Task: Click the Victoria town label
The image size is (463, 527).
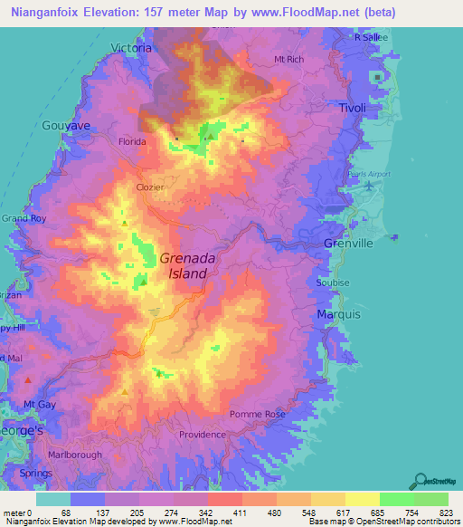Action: (x=130, y=47)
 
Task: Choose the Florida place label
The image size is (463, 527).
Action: (x=133, y=142)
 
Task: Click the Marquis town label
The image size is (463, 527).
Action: (x=339, y=313)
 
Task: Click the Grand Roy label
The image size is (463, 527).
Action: (x=24, y=218)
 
